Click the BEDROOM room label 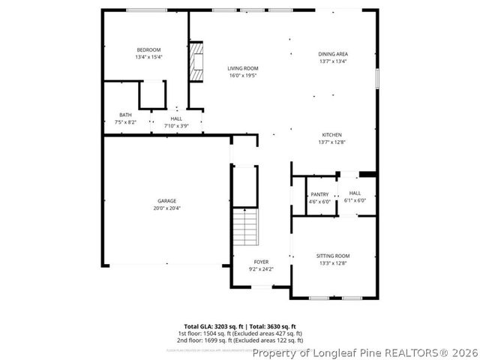click(x=148, y=49)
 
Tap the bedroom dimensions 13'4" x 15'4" click(x=148, y=57)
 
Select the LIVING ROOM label click(x=243, y=68)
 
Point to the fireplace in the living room click(x=196, y=61)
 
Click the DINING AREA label click(x=333, y=54)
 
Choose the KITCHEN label click(x=332, y=135)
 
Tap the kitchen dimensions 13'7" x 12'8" click(x=332, y=142)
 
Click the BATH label click(x=124, y=115)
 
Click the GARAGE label click(x=166, y=200)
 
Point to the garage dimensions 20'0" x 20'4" click(x=166, y=208)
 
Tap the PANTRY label click(x=319, y=194)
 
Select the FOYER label click(x=260, y=262)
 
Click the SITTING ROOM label click(x=332, y=256)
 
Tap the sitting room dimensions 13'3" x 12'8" click(x=332, y=263)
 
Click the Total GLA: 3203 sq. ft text click(x=214, y=327)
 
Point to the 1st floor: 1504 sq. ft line click(x=240, y=333)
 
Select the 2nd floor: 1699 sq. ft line click(x=240, y=339)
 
